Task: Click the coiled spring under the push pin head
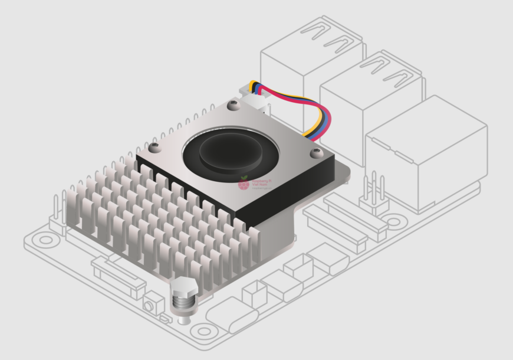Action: (185, 304)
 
